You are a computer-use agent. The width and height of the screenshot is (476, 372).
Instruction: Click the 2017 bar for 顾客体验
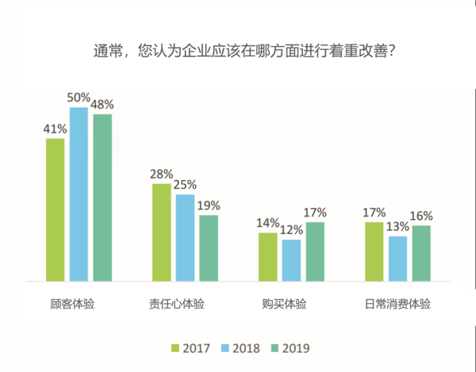[x=55, y=209]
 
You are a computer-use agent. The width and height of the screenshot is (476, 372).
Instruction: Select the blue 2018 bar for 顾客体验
[x=79, y=194]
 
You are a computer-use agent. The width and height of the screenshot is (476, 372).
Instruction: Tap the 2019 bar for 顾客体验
[x=102, y=198]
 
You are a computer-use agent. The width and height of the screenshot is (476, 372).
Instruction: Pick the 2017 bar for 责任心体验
[x=161, y=232]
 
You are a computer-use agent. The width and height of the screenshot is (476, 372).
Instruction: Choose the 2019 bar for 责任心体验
[x=209, y=247]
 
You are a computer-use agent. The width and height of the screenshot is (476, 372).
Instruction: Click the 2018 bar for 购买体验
[x=292, y=260]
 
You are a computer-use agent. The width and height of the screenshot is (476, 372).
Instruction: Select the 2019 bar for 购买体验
[x=315, y=251]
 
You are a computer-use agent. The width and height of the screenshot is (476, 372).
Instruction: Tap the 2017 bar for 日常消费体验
[x=374, y=251]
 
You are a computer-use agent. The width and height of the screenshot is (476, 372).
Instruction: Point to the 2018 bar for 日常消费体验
[x=397, y=259]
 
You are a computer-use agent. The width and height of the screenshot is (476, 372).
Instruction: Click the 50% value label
[x=79, y=98]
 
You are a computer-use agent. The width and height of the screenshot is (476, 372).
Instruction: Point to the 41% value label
[x=55, y=128]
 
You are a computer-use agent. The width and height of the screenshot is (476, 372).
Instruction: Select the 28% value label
[x=161, y=174]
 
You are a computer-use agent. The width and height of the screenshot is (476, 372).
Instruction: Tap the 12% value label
[x=292, y=230]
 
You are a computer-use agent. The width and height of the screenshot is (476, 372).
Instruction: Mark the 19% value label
[x=209, y=205]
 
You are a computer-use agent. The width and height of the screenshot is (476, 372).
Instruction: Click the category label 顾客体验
[x=78, y=304]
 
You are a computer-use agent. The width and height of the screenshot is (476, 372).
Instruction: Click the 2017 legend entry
[x=190, y=348]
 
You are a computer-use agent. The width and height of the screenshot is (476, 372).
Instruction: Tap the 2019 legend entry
[x=289, y=348]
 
